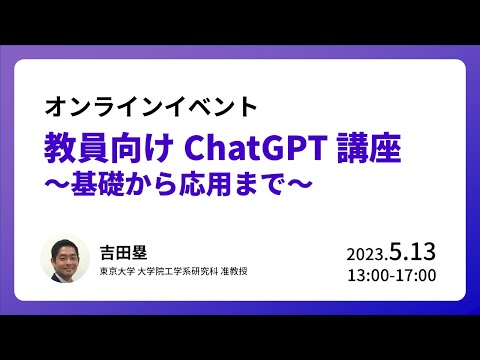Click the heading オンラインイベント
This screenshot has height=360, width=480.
click(x=153, y=104)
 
